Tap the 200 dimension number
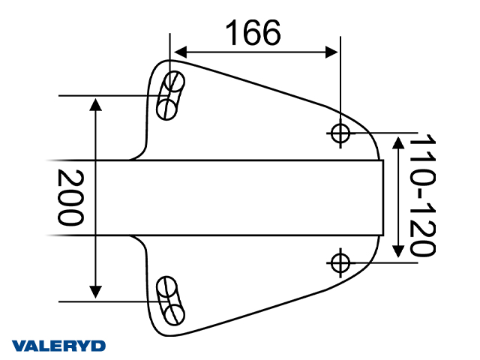click(70, 198)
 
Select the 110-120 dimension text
click(424, 196)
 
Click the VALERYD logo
click(59, 346)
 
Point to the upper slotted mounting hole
click(169, 95)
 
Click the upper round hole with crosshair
click(340, 133)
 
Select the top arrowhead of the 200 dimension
click(95, 103)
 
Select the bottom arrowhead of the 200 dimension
click(95, 291)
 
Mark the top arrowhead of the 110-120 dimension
click(399, 140)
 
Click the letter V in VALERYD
click(19, 346)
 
